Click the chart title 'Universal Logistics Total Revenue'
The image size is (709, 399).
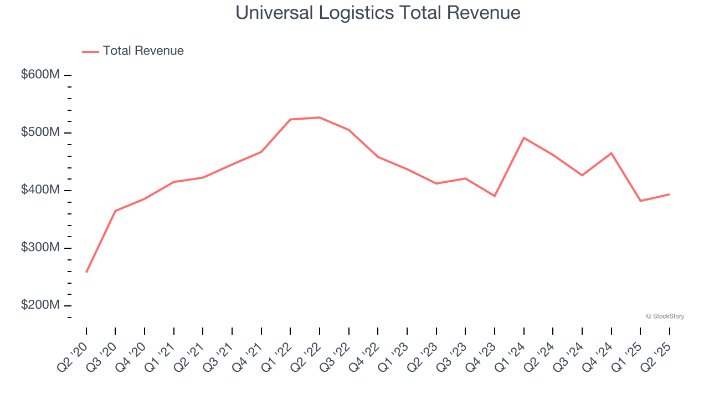pyautogui.click(x=378, y=13)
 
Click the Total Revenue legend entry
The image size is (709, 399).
pyautogui.click(x=133, y=51)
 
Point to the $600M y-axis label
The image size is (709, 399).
pyautogui.click(x=40, y=75)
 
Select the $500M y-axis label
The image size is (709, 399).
pyautogui.click(x=40, y=132)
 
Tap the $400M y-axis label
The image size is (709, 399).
pyautogui.click(x=40, y=190)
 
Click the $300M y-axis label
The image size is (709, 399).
pyautogui.click(x=40, y=248)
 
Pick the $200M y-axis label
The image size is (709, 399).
pyautogui.click(x=40, y=305)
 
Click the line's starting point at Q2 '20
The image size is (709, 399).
pyautogui.click(x=86, y=272)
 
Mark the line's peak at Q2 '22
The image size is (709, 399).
pyautogui.click(x=320, y=117)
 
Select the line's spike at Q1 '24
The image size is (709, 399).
pyautogui.click(x=524, y=137)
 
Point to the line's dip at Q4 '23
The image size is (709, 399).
pyautogui.click(x=495, y=196)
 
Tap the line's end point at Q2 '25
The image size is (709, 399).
pyautogui.click(x=669, y=194)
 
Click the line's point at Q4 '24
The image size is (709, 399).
pyautogui.click(x=611, y=153)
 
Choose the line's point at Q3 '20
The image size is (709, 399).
pyautogui.click(x=115, y=211)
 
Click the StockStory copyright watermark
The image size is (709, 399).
pyautogui.click(x=665, y=316)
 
